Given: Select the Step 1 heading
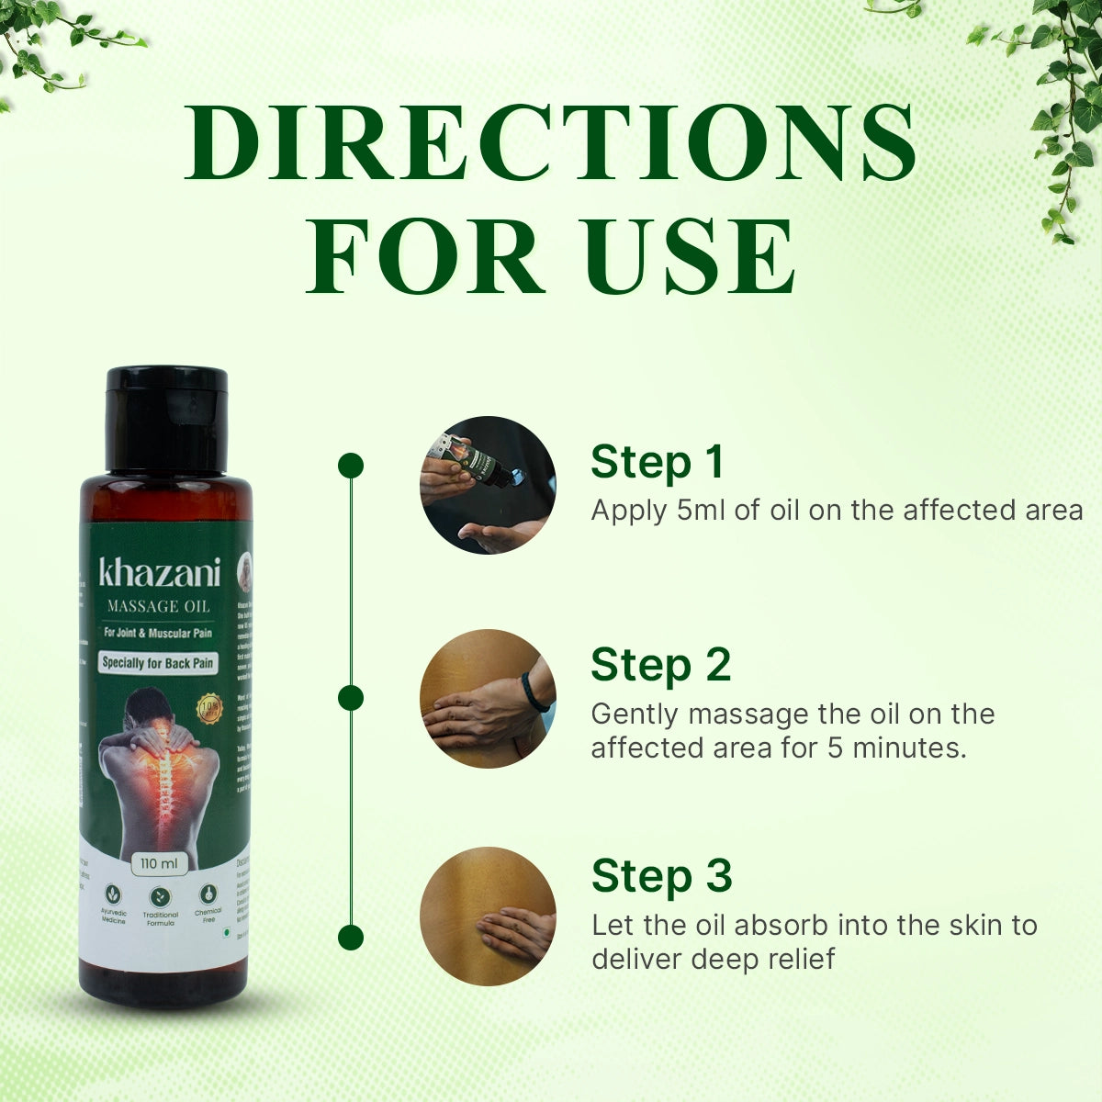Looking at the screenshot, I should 657,462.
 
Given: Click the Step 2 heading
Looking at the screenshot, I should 660,665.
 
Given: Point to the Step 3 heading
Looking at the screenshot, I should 661,875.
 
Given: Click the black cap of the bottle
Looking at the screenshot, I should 166,418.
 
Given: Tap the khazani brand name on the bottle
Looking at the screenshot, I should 160,573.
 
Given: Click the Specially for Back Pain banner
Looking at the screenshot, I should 159,662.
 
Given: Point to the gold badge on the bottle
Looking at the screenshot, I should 210,709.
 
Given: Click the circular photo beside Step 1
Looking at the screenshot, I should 488,485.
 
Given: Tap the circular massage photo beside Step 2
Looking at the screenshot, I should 488,698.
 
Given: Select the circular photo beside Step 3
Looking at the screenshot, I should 488,916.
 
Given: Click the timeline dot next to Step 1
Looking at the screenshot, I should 351,466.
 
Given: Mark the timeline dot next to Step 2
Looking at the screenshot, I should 351,698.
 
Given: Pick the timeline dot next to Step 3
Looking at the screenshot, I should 351,937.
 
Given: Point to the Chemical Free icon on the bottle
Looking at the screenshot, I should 208,895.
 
